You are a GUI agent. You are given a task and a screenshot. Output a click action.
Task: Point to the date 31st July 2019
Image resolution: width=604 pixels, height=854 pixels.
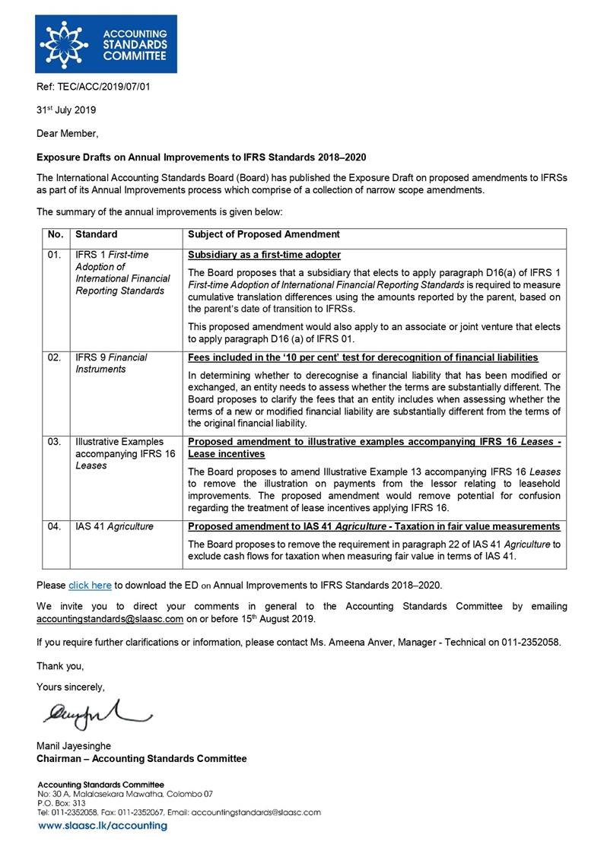pyautogui.click(x=66, y=110)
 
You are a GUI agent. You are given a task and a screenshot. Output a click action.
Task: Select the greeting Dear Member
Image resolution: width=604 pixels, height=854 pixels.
pyautogui.click(x=68, y=133)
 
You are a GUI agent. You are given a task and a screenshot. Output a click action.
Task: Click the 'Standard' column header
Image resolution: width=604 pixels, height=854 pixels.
pyautogui.click(x=97, y=235)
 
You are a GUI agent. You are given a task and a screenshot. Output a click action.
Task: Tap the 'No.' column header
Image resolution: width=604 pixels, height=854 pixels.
pyautogui.click(x=55, y=235)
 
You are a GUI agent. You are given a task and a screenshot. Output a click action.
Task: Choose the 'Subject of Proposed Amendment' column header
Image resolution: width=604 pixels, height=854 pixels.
pyautogui.click(x=263, y=235)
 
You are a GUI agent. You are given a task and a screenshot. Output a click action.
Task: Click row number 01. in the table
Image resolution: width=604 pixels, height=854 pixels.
pyautogui.click(x=54, y=255)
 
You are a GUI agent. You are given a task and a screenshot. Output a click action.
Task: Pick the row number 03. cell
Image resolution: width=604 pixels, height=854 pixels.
pyautogui.click(x=54, y=441)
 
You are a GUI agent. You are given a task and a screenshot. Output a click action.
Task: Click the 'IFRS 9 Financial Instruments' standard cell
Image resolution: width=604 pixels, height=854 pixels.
pyautogui.click(x=111, y=363)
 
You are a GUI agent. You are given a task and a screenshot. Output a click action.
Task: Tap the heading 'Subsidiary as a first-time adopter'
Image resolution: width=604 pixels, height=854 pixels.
pyautogui.click(x=264, y=255)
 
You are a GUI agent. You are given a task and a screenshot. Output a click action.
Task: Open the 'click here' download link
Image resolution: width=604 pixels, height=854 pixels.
pyautogui.click(x=90, y=585)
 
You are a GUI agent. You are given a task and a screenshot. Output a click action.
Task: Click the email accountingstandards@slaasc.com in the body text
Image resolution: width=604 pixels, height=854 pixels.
pyautogui.click(x=110, y=619)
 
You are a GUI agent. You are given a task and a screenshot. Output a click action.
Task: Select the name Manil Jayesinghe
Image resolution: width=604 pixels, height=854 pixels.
pyautogui.click(x=74, y=746)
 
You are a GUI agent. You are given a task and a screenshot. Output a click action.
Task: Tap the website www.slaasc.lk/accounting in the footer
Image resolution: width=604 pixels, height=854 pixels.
pyautogui.click(x=103, y=826)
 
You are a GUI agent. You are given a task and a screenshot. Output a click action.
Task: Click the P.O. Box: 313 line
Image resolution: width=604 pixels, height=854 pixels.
pyautogui.click(x=61, y=802)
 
